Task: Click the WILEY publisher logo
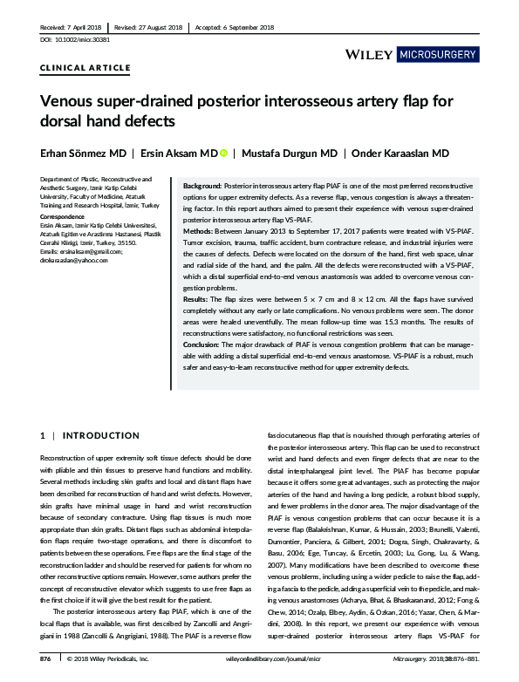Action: click(369, 55)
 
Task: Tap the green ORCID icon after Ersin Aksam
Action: click(222, 153)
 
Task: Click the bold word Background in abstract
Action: click(201, 188)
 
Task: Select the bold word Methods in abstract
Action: click(197, 231)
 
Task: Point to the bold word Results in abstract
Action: click(195, 299)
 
